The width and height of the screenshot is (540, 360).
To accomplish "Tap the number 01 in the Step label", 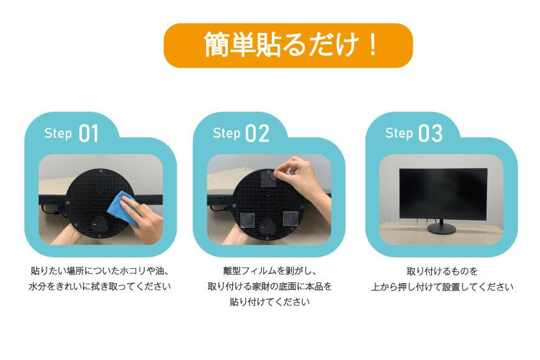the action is click(x=89, y=133).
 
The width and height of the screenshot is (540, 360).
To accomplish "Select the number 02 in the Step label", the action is click(x=257, y=133).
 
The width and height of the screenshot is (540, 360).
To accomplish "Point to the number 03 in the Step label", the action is click(x=431, y=133).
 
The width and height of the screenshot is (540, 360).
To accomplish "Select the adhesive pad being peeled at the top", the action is click(x=268, y=178).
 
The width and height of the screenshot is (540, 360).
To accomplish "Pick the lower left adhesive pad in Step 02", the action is click(x=247, y=221).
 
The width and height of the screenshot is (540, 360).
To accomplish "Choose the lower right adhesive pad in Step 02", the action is click(x=290, y=218).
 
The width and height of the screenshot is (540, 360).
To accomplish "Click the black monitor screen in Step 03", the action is click(x=443, y=194).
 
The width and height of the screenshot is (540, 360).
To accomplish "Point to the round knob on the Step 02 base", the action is click(x=268, y=227).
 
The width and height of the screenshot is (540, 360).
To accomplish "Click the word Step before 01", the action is click(x=58, y=133).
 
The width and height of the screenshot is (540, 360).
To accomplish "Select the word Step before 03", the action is click(x=399, y=133).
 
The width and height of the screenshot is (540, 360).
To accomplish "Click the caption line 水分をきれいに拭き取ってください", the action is click(x=99, y=286).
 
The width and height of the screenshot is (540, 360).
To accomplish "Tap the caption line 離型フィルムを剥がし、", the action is click(x=269, y=271).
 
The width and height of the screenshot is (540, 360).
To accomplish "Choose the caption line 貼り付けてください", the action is click(x=269, y=302).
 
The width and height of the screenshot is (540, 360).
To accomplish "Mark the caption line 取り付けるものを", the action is click(x=442, y=271).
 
